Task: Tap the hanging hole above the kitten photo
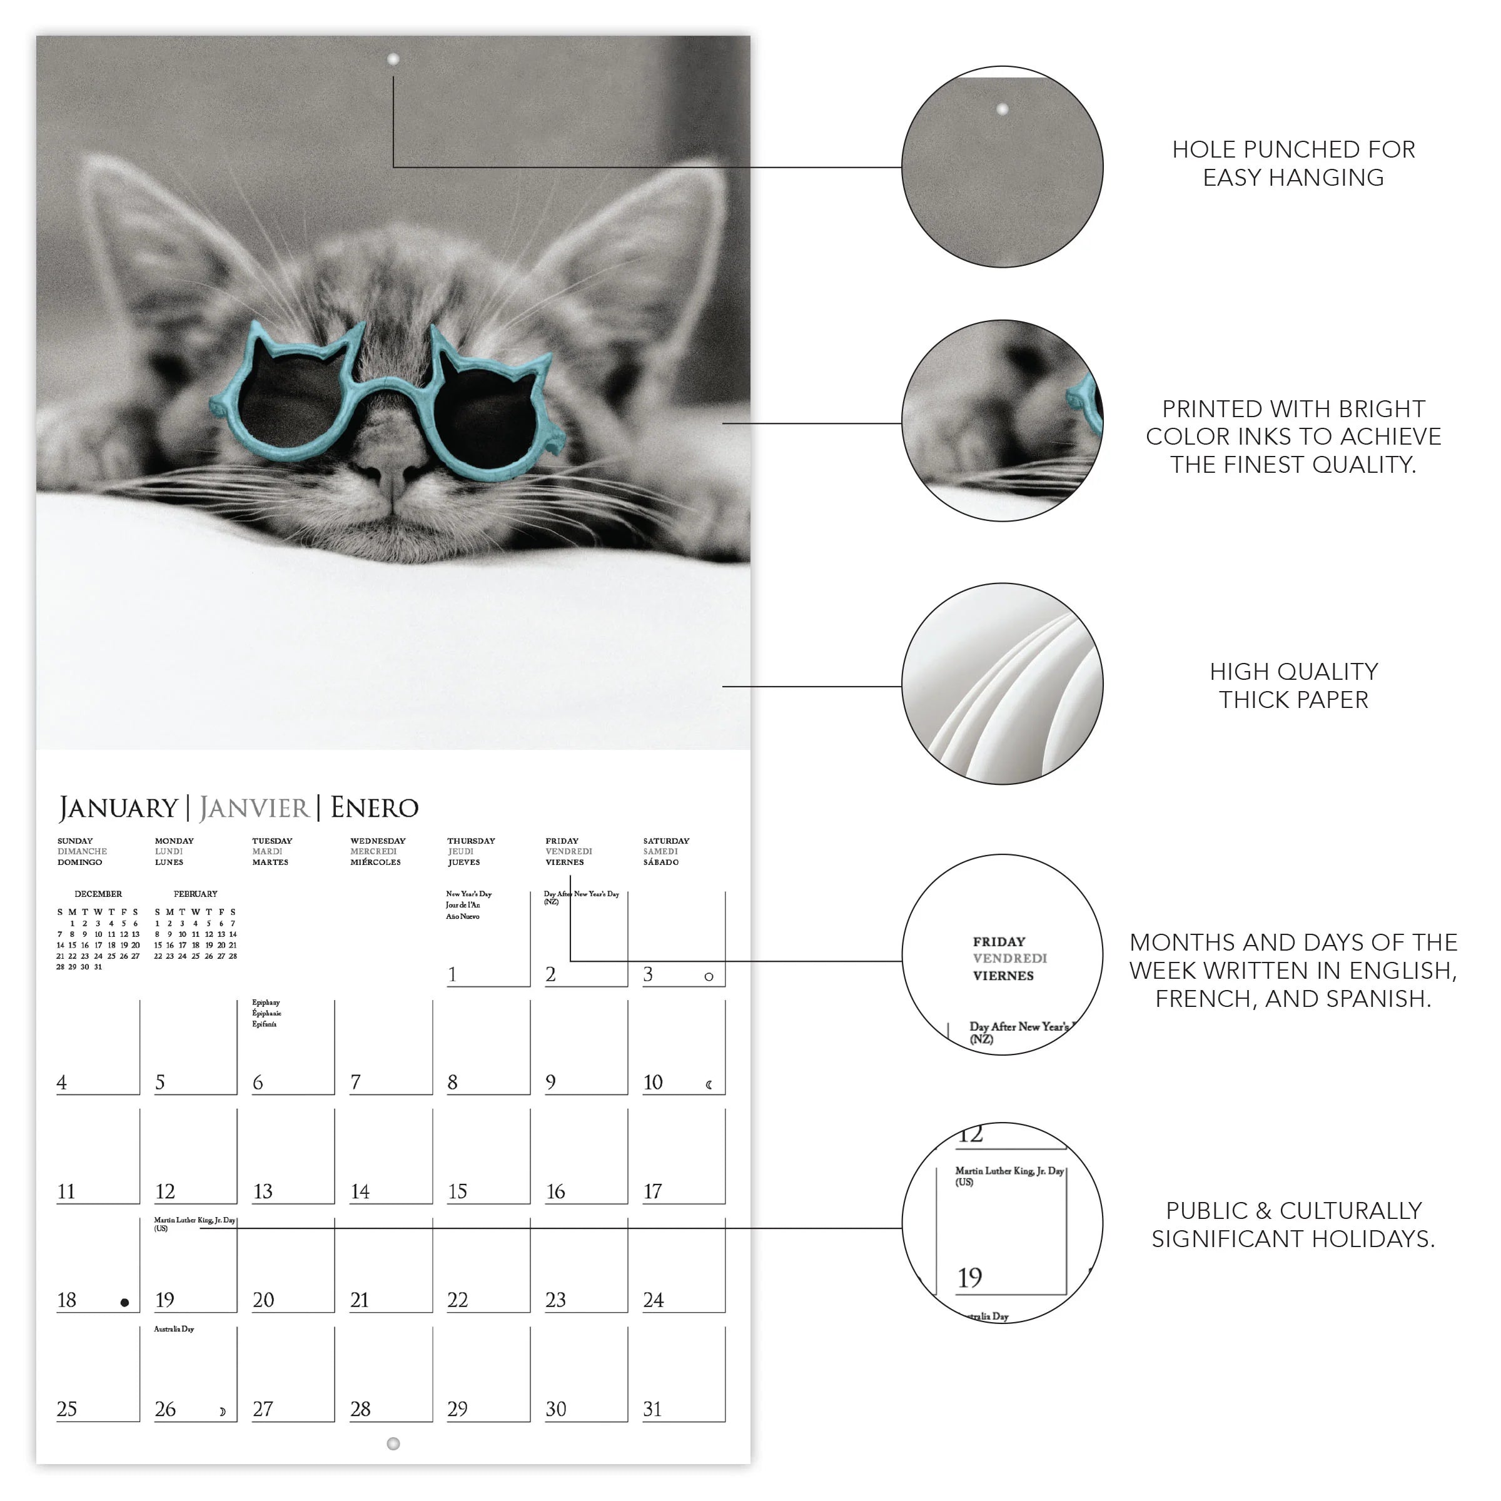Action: pos(393,59)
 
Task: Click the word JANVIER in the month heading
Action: pos(254,808)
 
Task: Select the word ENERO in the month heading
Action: pos(375,808)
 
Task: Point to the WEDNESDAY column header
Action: pos(378,841)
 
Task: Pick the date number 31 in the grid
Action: pos(652,1408)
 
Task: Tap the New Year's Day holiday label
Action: pos(468,894)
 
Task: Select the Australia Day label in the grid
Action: pos(174,1328)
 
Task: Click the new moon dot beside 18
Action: pos(124,1303)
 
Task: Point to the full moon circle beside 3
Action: pos(709,976)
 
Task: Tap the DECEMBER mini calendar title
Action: pos(98,894)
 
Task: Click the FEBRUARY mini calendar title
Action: pos(196,894)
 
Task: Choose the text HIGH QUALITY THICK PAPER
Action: pos(1293,685)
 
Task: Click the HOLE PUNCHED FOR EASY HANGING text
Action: pos(1293,163)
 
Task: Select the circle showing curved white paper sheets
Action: pos(1002,684)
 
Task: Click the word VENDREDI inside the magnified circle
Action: pos(1010,958)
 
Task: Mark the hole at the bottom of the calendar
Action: pos(393,1443)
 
